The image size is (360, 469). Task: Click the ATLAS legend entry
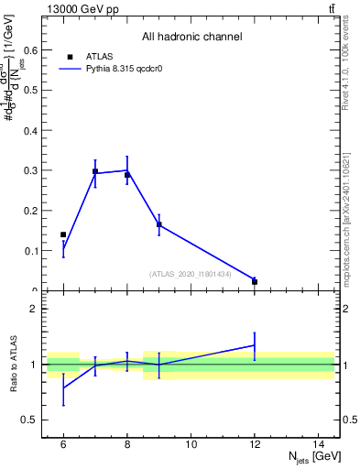pyautogui.click(x=99, y=56)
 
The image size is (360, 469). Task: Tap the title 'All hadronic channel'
pyautogui.click(x=191, y=38)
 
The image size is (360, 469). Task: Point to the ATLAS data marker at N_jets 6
pyautogui.click(x=63, y=235)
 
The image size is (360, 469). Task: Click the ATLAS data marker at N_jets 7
pyautogui.click(x=95, y=171)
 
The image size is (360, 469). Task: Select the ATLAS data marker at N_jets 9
pyautogui.click(x=159, y=224)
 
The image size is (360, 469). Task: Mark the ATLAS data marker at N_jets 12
pyautogui.click(x=255, y=282)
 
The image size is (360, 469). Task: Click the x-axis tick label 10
pyautogui.click(x=191, y=444)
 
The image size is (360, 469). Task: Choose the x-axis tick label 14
pyautogui.click(x=318, y=444)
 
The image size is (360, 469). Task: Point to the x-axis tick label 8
pyautogui.click(x=127, y=444)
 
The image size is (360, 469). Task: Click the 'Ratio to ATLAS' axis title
pyautogui.click(x=13, y=365)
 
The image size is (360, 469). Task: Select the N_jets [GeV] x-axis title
pyautogui.click(x=313, y=458)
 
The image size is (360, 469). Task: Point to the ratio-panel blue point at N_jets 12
pyautogui.click(x=255, y=345)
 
